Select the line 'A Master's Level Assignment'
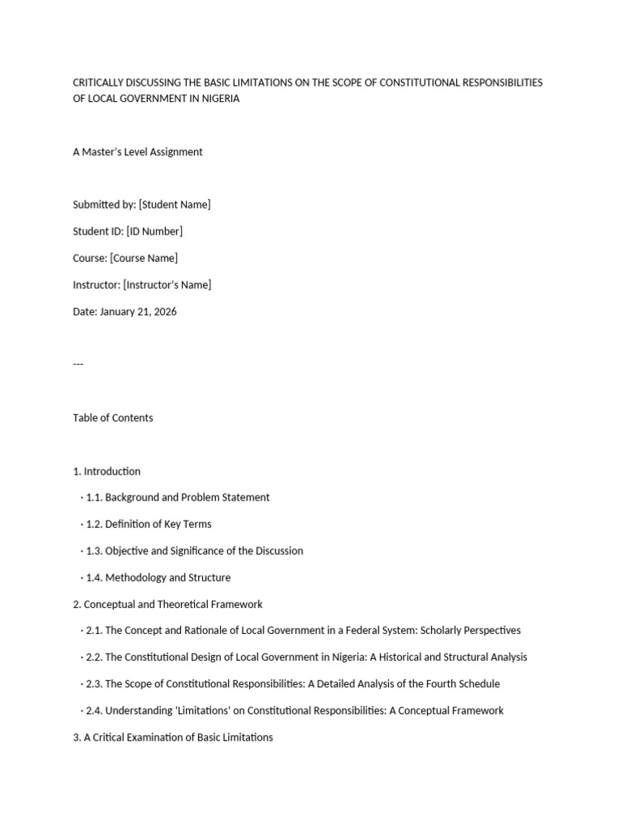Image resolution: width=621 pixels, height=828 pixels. coord(137,152)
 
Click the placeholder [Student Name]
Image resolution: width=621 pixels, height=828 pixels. coord(175,205)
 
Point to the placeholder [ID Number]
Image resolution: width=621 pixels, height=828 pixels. coord(154,231)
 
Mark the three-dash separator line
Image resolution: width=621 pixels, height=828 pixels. coord(78,364)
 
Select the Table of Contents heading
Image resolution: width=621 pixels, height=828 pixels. coord(112,418)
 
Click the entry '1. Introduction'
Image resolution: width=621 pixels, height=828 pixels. coord(107,471)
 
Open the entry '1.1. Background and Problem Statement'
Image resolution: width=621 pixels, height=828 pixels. coord(177,497)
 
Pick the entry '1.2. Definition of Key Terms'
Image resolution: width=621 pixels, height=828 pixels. coord(148,524)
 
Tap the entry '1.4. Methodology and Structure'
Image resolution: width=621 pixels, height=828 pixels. coord(158,577)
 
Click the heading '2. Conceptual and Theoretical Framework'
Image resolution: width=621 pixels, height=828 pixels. coord(167,604)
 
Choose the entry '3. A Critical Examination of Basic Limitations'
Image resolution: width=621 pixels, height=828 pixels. coord(173,737)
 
